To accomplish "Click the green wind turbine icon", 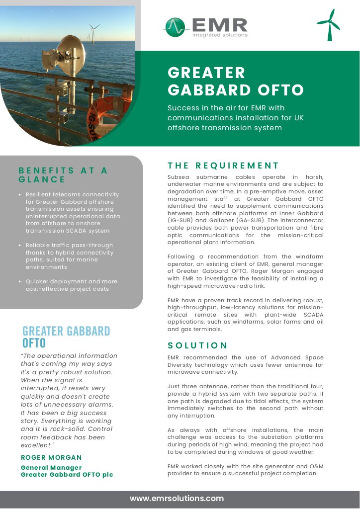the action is click(328, 25).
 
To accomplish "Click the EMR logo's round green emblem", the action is click(175, 27).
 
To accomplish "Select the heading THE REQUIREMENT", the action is click(223, 166).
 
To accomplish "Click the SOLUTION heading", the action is click(197, 345).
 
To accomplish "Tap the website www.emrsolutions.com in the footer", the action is click(177, 498).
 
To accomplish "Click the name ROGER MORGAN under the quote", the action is click(51, 457).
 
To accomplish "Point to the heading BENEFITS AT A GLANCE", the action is click(63, 175).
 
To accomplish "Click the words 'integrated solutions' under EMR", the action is click(220, 35).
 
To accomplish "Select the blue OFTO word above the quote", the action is click(34, 343).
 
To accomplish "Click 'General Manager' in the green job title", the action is click(51, 468).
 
